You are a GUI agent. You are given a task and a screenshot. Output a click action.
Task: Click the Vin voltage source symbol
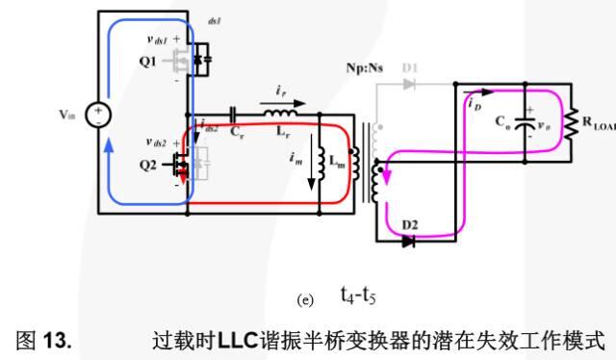pos(97,115)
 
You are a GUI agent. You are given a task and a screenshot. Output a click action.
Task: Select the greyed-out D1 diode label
pos(411,68)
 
